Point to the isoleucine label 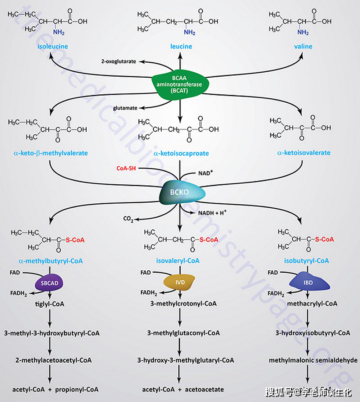[x=53, y=47]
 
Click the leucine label [x=181, y=47]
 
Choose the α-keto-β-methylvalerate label [x=51, y=153]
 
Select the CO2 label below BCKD [x=127, y=220]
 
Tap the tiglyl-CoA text [x=51, y=304]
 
